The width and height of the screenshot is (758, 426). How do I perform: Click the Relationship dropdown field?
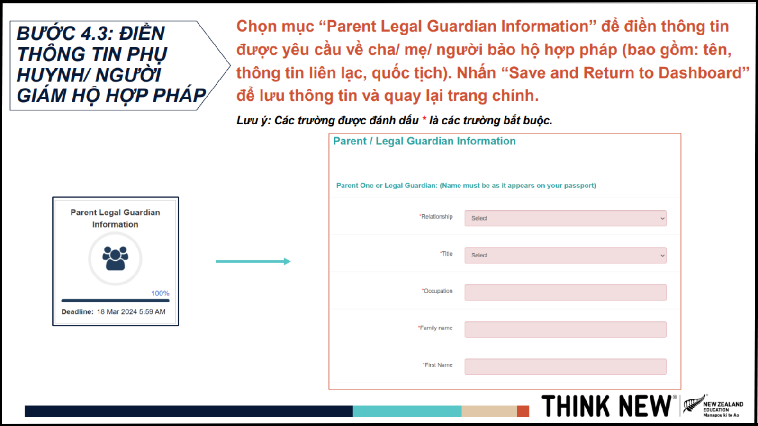pos(566,218)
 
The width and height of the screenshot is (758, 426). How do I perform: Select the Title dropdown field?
pos(566,255)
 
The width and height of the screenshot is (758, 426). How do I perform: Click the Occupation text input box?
pos(566,293)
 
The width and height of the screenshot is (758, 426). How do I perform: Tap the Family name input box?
pos(566,329)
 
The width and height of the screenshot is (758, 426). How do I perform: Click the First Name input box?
pos(566,367)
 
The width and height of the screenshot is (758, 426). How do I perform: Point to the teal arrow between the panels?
pos(253,261)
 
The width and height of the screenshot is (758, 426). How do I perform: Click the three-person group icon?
pos(116,258)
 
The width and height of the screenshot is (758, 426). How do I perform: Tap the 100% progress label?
pos(160,293)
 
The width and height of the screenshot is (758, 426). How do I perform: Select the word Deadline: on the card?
pos(77,312)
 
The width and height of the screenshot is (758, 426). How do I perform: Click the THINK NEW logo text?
pos(607,406)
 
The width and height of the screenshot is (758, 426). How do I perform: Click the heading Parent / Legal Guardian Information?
pos(424,141)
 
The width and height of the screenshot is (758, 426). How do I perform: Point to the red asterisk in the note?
pos(424,119)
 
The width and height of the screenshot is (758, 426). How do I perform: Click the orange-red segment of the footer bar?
pos(523,411)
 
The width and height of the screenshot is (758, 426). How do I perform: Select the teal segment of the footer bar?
pos(407,411)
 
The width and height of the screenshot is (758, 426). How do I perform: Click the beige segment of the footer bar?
pos(489,411)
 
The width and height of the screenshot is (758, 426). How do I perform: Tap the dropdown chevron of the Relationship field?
pos(662,218)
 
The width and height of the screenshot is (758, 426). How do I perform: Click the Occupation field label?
pos(437,291)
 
